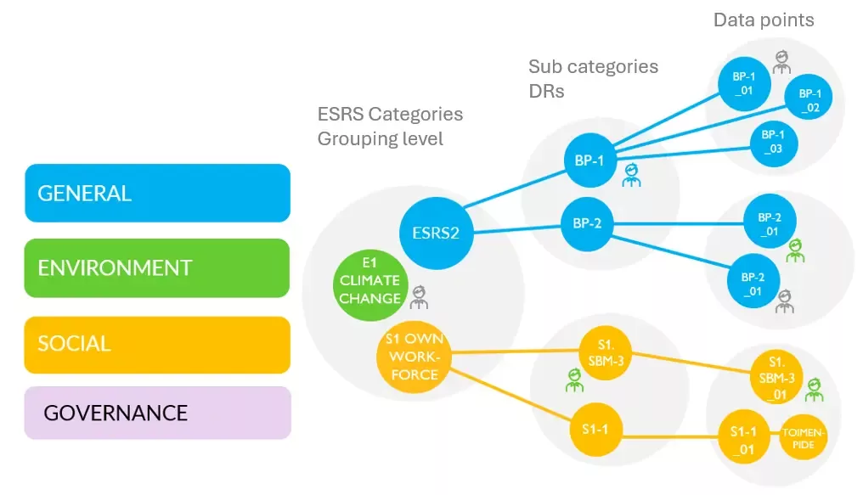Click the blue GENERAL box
157,193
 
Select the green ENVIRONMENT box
157,268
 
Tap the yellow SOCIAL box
157,344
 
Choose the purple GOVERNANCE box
157,413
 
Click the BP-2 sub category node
587,225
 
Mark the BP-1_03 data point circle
773,142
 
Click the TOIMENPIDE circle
803,438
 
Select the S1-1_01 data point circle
742,439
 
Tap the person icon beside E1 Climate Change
418,297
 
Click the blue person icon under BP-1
631,176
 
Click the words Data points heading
764,20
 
